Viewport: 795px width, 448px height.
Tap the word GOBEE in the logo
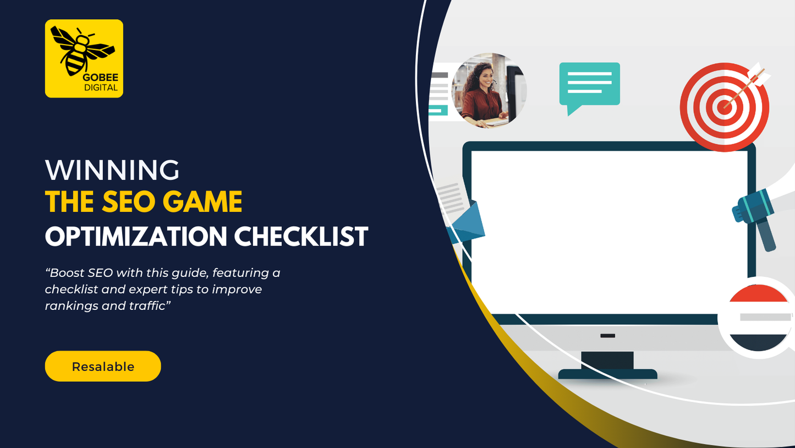click(101, 78)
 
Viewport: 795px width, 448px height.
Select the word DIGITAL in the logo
click(101, 88)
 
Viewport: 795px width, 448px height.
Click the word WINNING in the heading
click(112, 170)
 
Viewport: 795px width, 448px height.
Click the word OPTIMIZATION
click(136, 236)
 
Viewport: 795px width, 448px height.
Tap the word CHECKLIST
click(301, 236)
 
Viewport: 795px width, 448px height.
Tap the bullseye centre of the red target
click(725, 107)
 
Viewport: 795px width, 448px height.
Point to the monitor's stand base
click(607, 374)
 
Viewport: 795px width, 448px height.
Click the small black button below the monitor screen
click(607, 336)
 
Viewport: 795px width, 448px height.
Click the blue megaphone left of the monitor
click(465, 223)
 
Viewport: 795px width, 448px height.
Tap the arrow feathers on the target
click(759, 74)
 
